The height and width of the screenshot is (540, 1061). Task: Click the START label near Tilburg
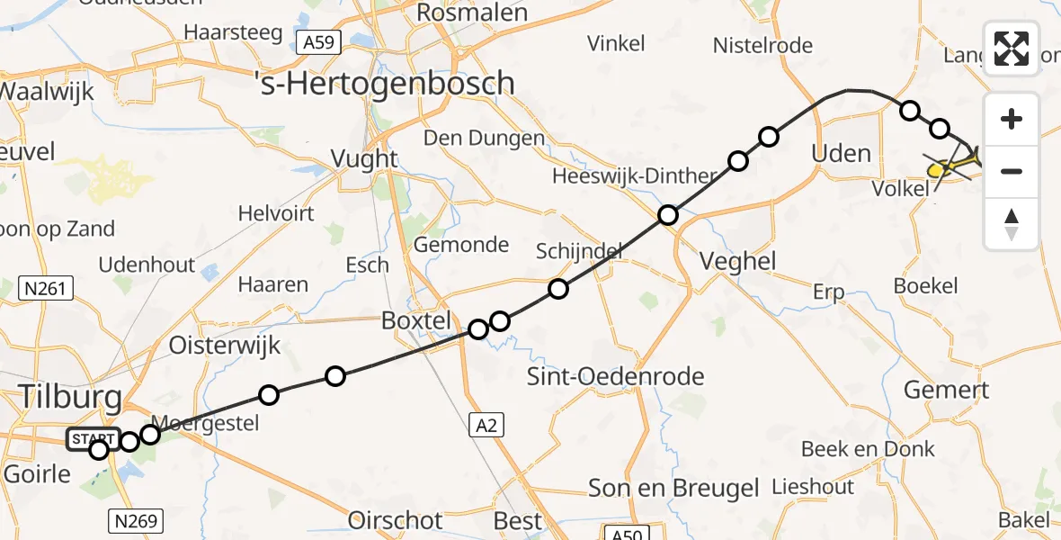point(93,438)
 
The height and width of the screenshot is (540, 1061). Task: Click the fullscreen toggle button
point(1012,49)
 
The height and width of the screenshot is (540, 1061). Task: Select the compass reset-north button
point(1012,224)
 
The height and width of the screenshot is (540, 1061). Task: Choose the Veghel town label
point(739,262)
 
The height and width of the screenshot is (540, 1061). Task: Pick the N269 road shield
point(135,519)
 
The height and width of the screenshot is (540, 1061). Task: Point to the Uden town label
point(841,153)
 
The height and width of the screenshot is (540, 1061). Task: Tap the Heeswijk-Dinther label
point(633,175)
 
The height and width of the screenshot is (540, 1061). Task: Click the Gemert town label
point(946,390)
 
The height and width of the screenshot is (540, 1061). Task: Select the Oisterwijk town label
point(225,346)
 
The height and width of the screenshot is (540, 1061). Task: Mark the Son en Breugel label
point(673,488)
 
